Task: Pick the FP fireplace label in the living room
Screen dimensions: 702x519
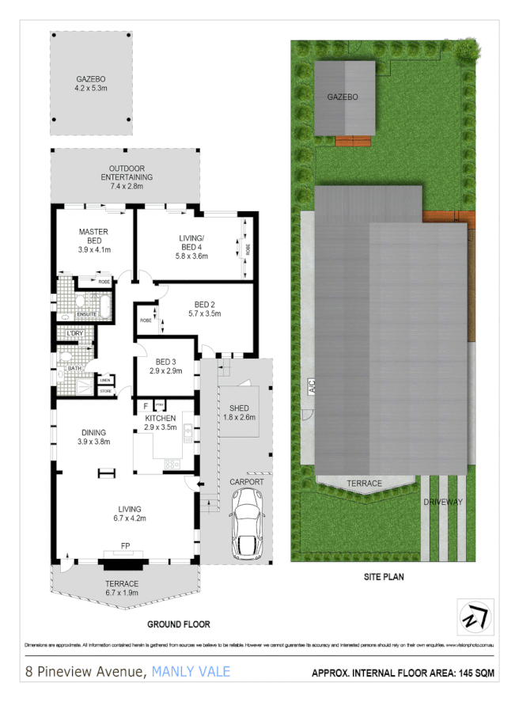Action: (125, 546)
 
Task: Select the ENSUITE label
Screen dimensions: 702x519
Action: (86, 314)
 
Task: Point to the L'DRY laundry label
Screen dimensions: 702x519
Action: (75, 333)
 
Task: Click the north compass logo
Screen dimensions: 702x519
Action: (475, 615)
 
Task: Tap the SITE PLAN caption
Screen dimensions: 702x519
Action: (383, 577)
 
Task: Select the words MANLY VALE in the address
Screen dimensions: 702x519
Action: (191, 672)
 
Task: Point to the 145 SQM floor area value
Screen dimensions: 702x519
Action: (471, 674)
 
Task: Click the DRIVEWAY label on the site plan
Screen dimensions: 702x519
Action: (443, 503)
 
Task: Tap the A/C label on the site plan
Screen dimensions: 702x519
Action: (313, 388)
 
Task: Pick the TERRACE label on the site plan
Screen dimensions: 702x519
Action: (364, 483)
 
